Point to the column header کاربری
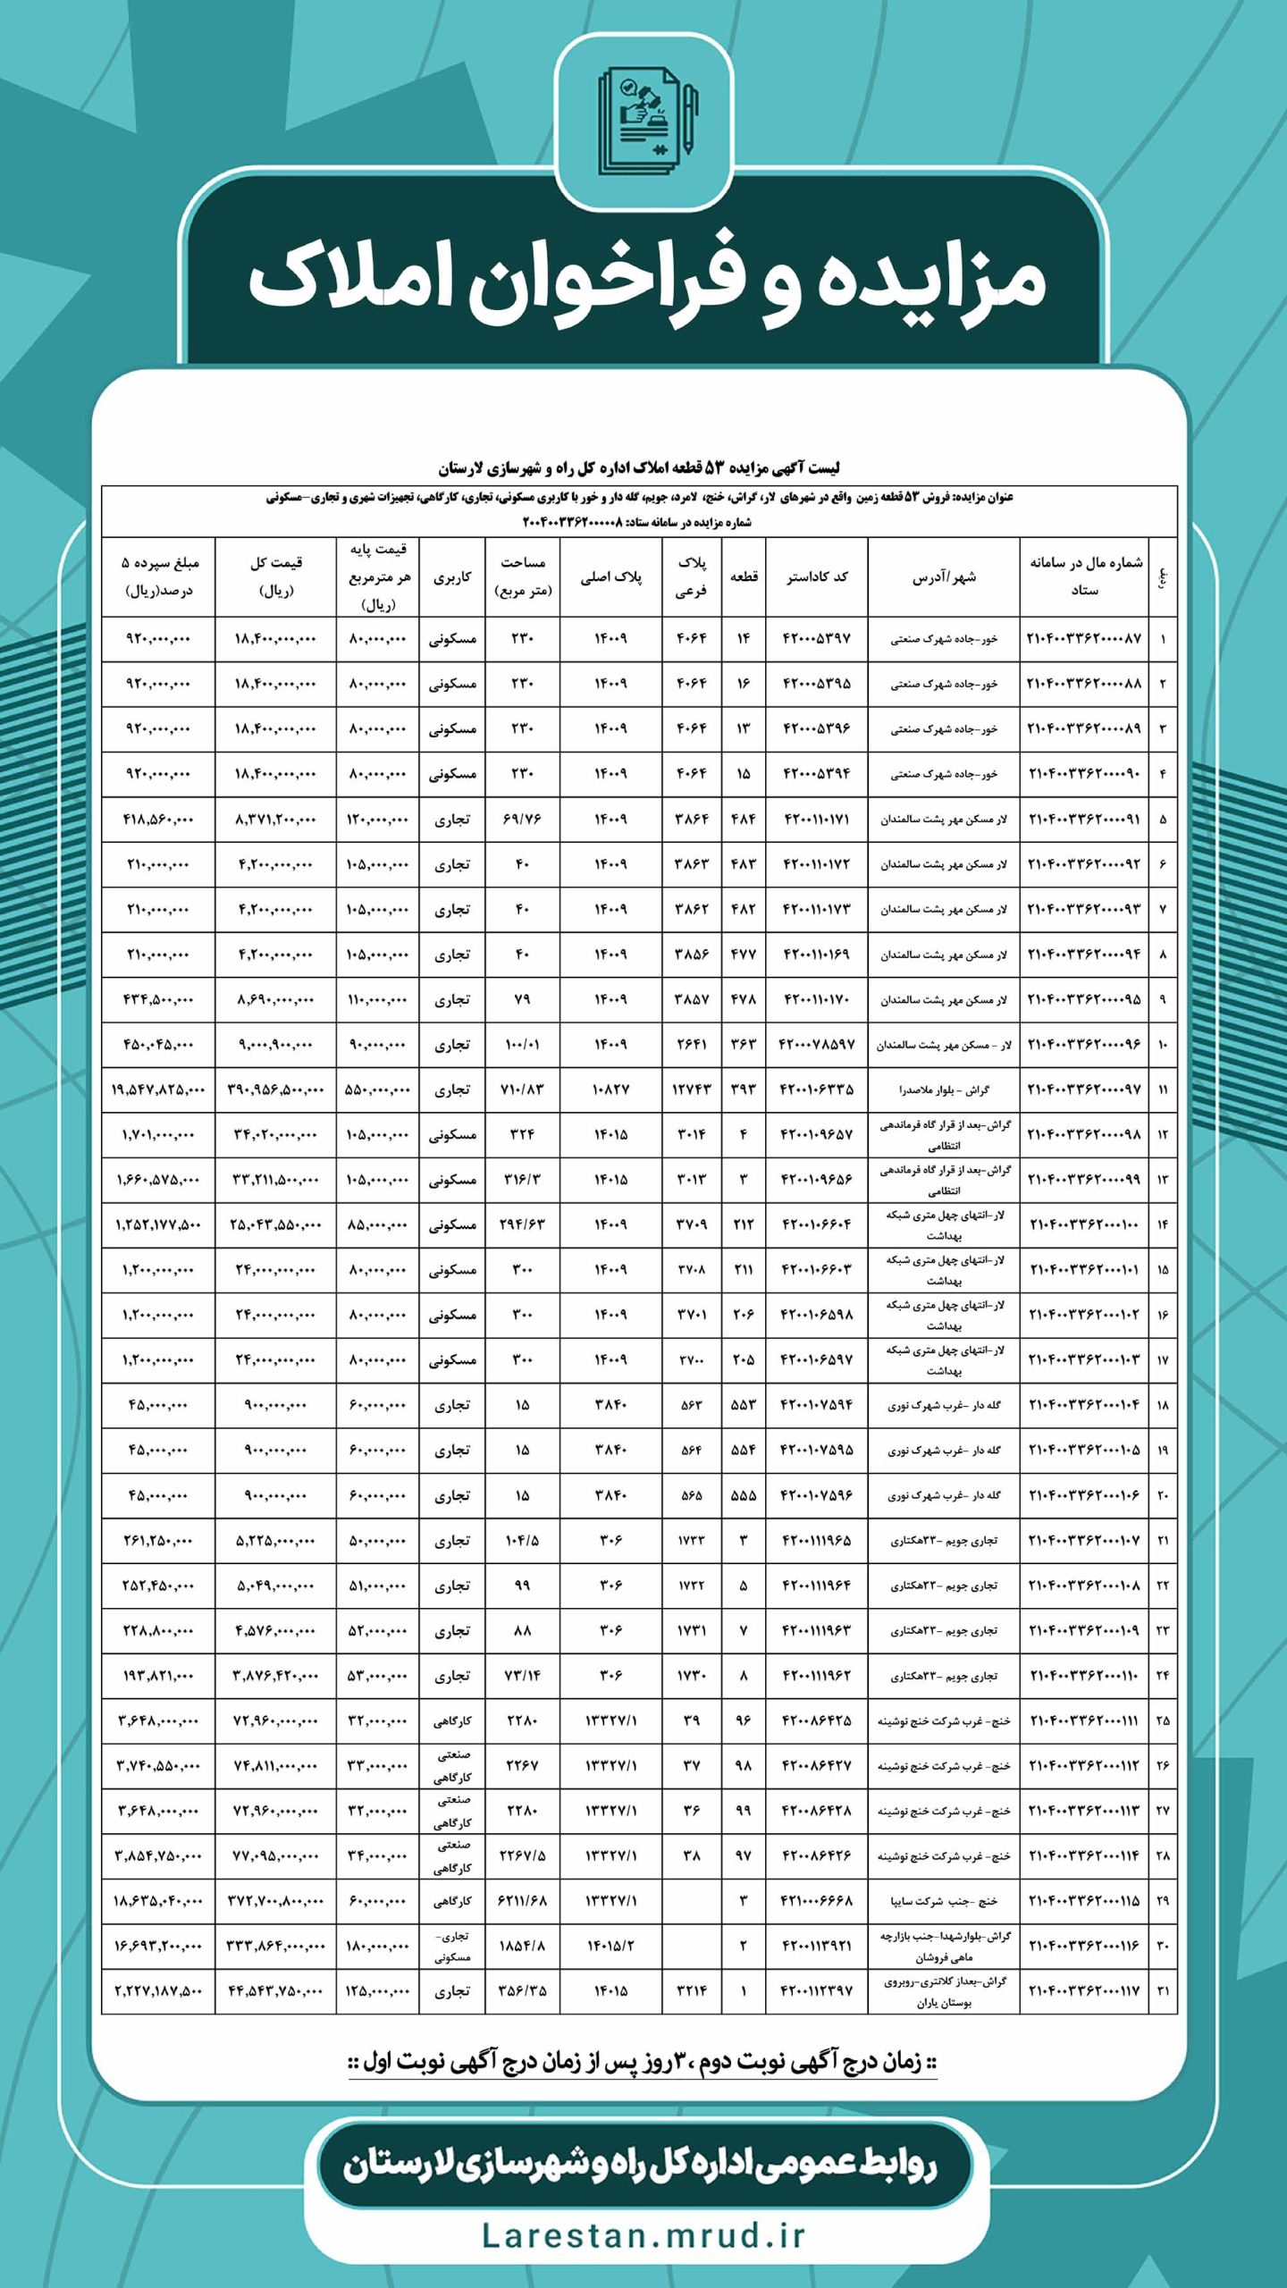point(452,576)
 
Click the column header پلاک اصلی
point(611,576)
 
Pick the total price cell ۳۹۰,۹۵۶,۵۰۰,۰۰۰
point(275,1090)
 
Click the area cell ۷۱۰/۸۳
point(522,1090)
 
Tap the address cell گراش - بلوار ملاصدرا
point(944,1090)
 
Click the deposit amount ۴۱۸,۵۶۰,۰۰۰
point(157,819)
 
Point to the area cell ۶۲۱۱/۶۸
point(522,1900)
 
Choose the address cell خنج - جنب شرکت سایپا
point(944,1900)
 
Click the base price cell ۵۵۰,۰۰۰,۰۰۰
point(376,1090)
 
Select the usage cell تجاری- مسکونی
point(452,1946)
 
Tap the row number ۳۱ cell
point(1163,1991)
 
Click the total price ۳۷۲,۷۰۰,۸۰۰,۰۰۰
point(275,1900)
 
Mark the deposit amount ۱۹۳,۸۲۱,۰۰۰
point(157,1676)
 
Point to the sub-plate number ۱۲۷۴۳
point(692,1090)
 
